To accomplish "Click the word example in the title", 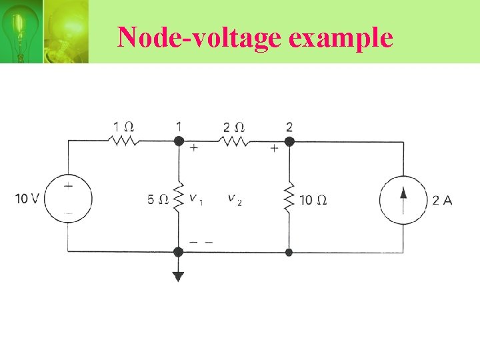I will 341,39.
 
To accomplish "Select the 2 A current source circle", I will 403,199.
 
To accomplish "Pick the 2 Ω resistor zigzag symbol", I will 235,141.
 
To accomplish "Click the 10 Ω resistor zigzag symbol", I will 289,199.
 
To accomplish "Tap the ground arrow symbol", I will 178,275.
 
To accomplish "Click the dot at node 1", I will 178,141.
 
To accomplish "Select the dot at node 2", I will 289,141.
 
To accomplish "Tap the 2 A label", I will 442,199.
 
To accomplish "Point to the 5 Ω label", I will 158,199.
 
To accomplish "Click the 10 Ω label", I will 313,199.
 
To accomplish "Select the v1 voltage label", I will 195,199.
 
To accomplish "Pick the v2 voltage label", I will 234,199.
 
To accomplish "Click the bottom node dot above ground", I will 178,251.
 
